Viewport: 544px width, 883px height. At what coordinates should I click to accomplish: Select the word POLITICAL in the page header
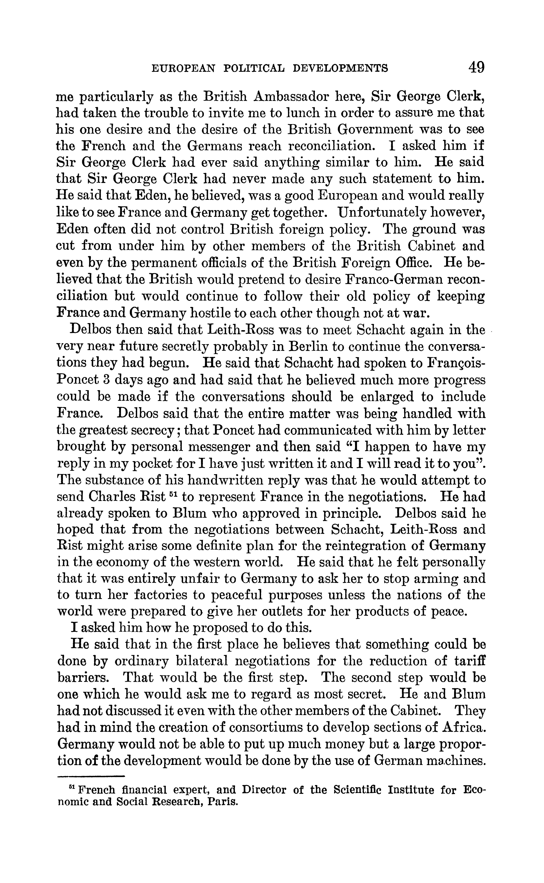[253, 68]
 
